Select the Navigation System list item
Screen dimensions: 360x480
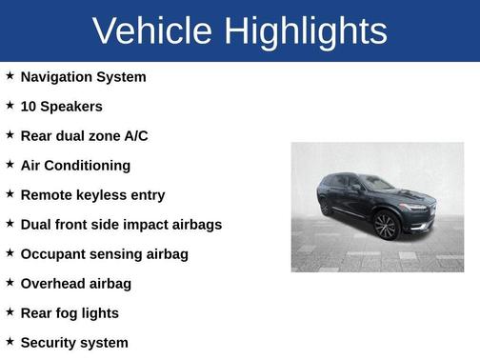click(83, 76)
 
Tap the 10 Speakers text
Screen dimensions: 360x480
click(61, 106)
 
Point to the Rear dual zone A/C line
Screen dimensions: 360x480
click(84, 135)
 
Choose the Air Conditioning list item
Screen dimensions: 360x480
click(75, 165)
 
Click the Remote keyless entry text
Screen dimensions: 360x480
click(92, 194)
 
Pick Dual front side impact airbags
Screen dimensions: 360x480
click(121, 224)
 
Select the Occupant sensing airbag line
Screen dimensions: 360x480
click(104, 253)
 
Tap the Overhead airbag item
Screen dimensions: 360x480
click(75, 283)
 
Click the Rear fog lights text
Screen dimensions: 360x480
click(70, 312)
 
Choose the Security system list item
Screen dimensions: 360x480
click(74, 342)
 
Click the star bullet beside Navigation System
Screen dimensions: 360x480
click(10, 75)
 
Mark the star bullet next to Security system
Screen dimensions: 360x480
click(10, 341)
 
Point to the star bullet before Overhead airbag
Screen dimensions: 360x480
click(10, 282)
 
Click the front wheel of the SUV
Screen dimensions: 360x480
click(386, 226)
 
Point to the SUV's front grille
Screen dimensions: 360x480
click(417, 208)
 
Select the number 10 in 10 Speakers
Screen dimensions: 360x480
click(29, 106)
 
